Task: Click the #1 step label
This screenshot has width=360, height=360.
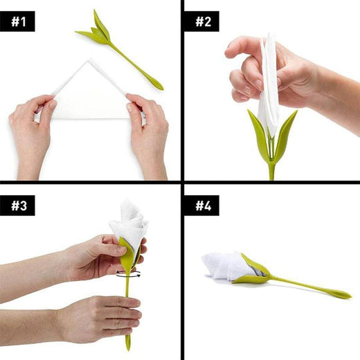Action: [x=18, y=21]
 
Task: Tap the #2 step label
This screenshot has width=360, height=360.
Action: [x=201, y=21]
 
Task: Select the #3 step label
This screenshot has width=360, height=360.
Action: [x=18, y=206]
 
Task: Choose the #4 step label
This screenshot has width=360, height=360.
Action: [x=201, y=206]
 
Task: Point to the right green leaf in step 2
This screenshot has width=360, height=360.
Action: [x=285, y=132]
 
